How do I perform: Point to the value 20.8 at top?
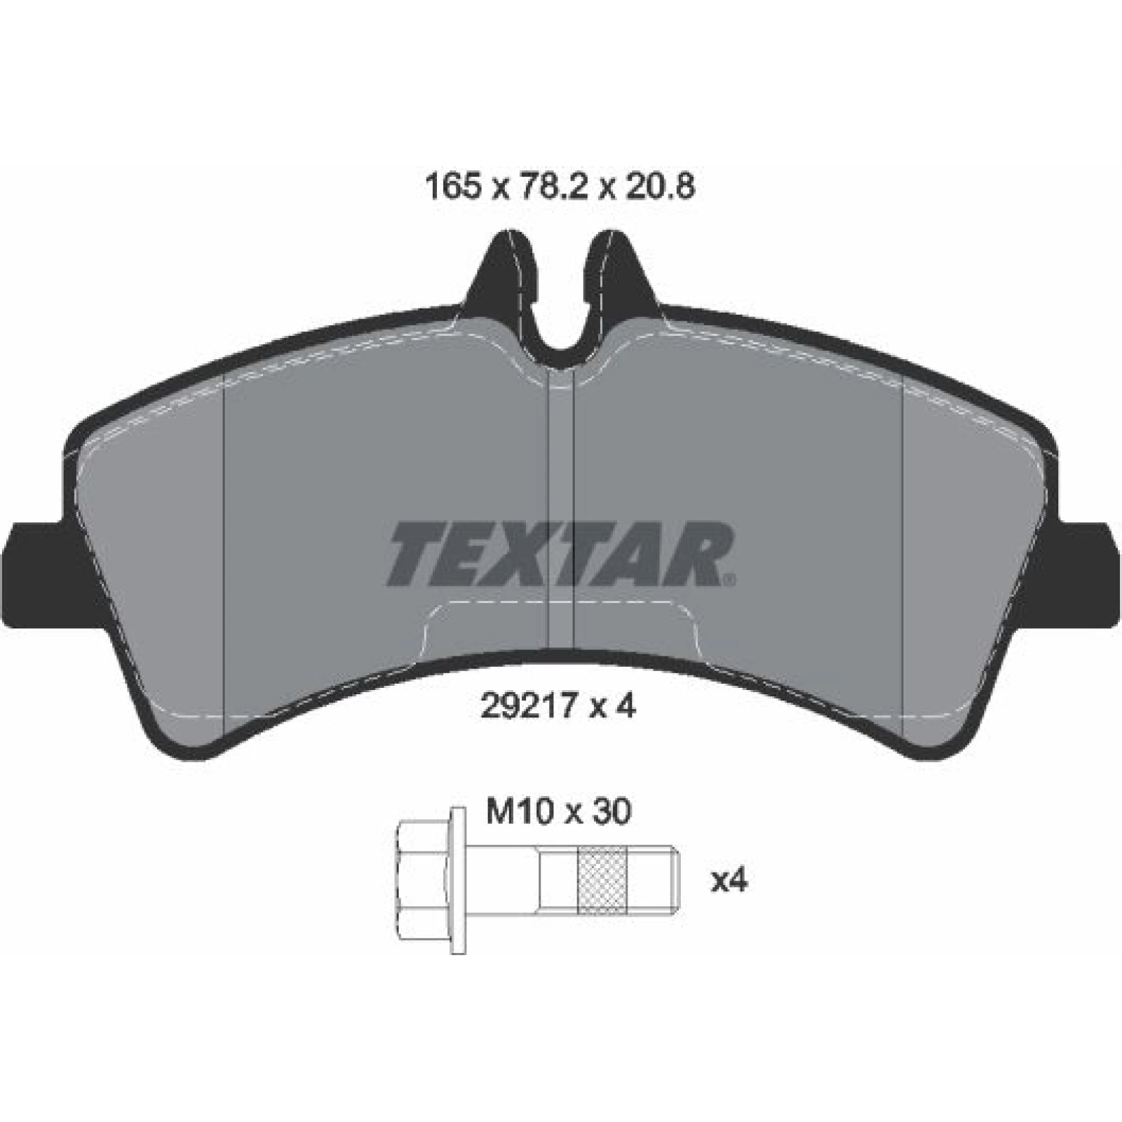[658, 188]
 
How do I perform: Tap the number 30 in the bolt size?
[611, 813]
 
